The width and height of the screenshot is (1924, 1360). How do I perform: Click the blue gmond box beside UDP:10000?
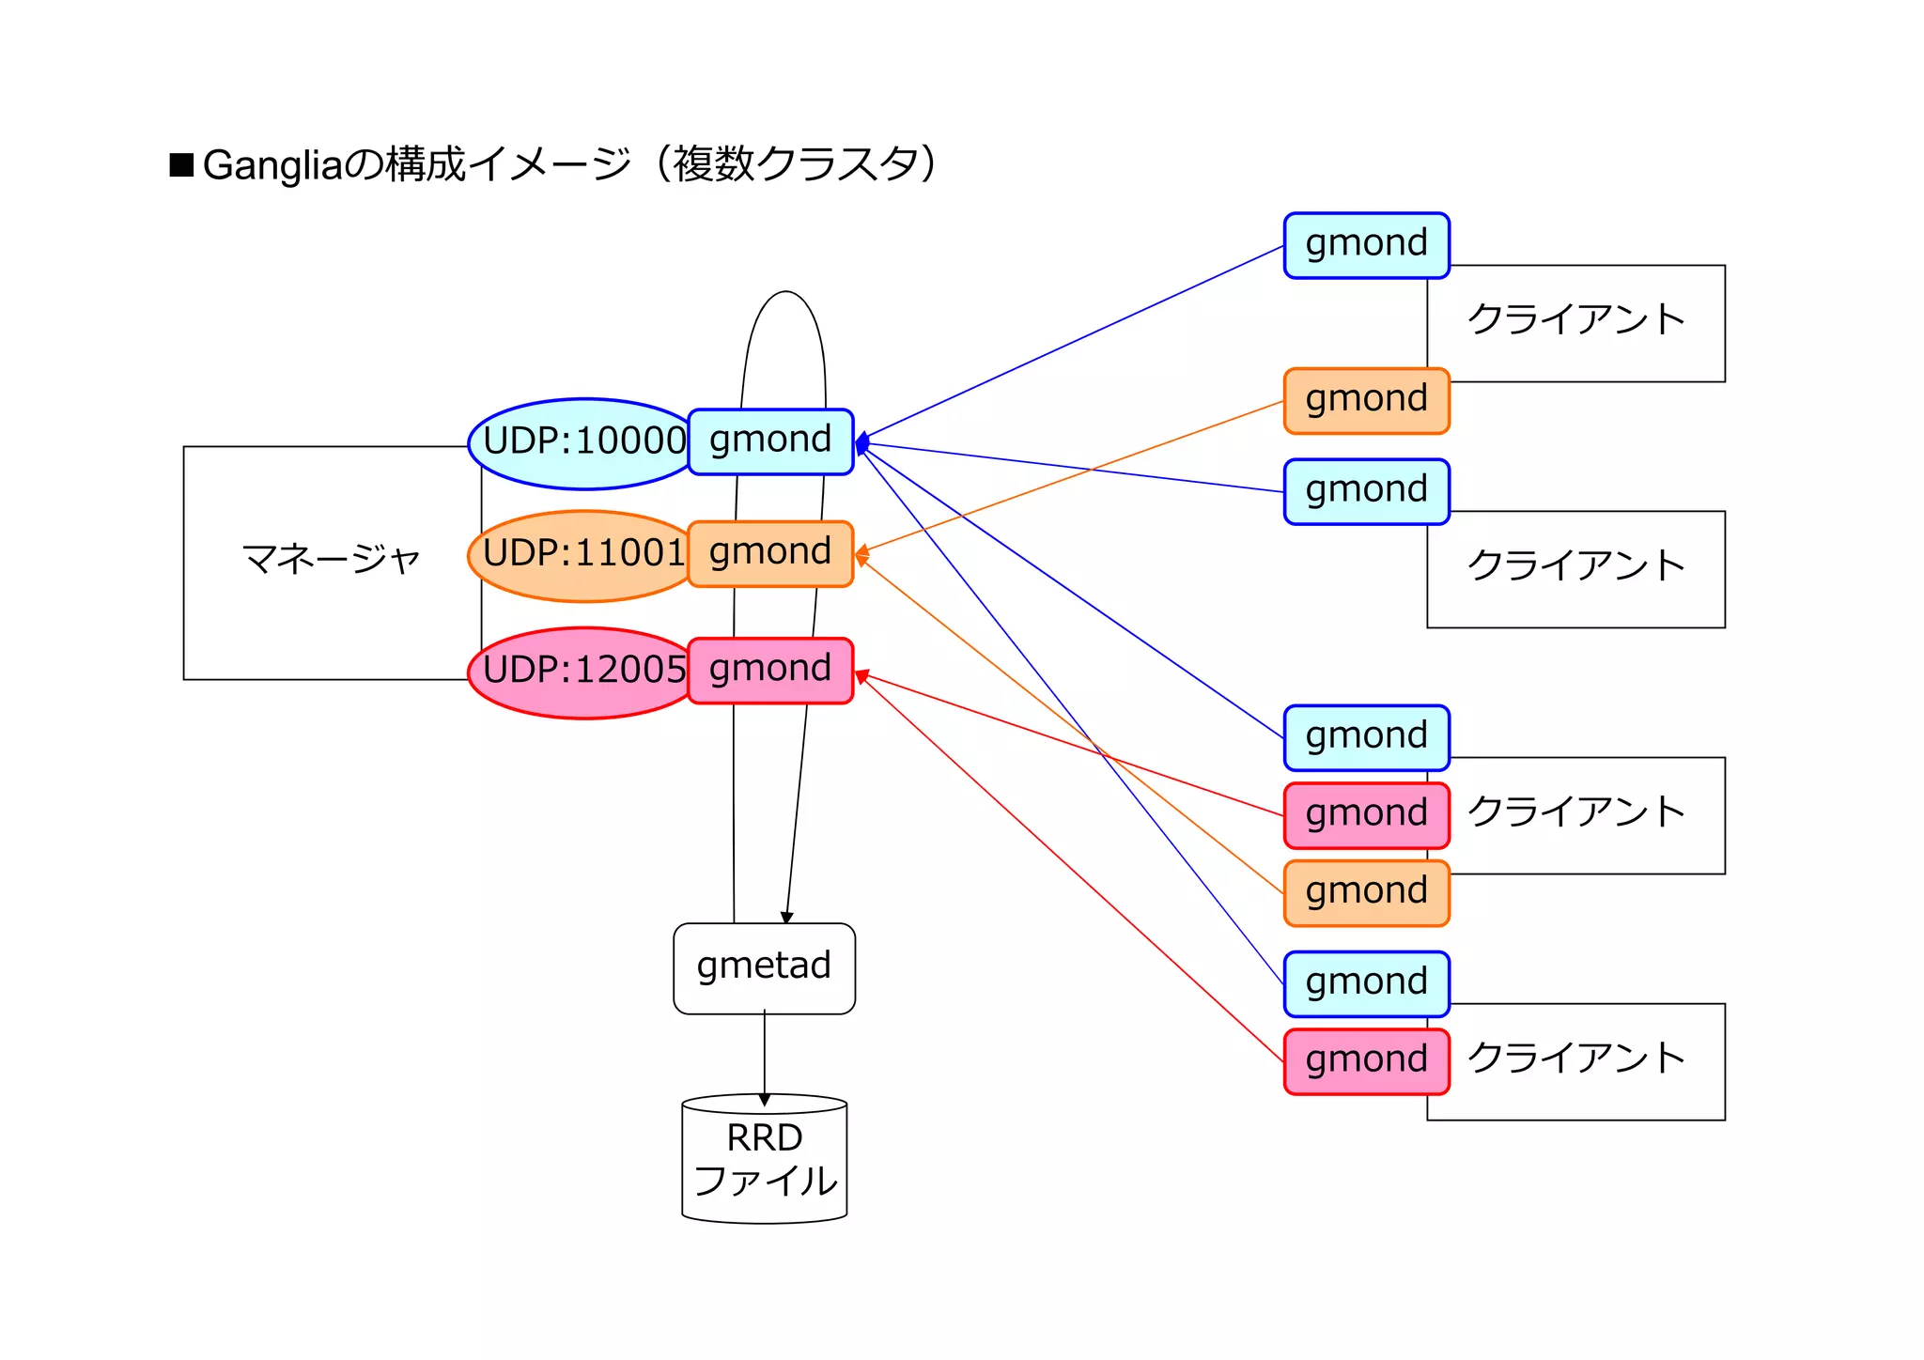click(770, 441)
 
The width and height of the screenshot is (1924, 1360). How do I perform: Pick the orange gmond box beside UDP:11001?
click(770, 553)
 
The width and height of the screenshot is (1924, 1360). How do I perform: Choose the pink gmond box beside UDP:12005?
click(770, 670)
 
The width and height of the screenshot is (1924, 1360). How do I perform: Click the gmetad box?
click(764, 967)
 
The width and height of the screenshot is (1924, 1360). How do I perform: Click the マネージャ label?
click(331, 560)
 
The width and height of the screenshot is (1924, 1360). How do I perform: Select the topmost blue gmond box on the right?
click(1366, 245)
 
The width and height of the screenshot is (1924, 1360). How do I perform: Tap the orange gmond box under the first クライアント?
click(1366, 400)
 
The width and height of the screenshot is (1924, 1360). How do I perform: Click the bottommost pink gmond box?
click(1366, 1061)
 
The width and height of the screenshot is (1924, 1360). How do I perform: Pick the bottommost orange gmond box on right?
click(1366, 892)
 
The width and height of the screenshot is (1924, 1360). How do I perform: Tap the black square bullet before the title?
click(181, 164)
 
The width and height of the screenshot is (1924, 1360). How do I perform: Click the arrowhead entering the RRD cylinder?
click(765, 1099)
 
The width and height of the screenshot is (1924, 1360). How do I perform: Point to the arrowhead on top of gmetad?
click(787, 918)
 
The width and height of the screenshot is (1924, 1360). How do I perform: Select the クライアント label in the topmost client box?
click(1575, 319)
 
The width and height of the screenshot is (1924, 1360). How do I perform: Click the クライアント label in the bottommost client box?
click(1575, 1059)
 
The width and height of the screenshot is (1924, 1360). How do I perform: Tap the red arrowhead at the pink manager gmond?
click(861, 675)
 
